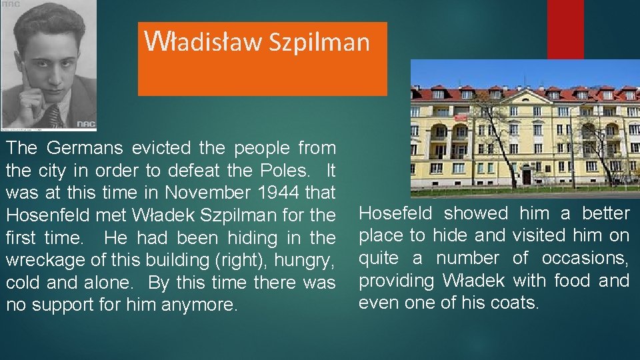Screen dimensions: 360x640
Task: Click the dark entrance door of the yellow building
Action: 527,176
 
